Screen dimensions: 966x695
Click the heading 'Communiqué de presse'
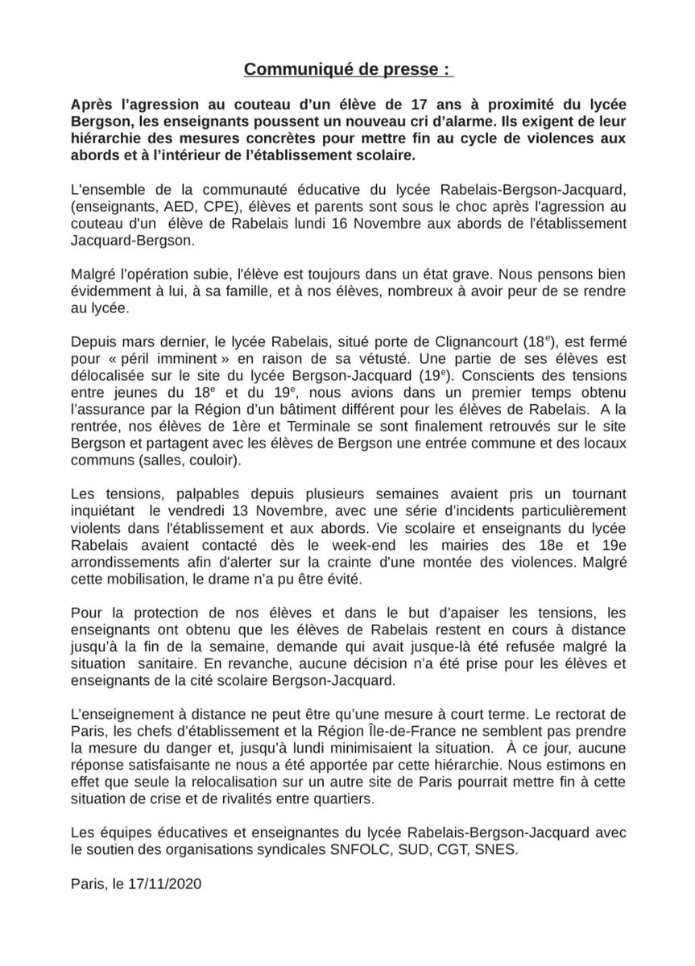coord(347,71)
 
